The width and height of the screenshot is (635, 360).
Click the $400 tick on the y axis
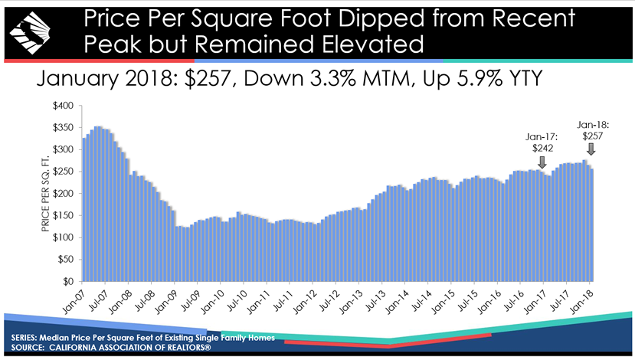click(64, 106)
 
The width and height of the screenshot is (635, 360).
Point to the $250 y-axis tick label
click(64, 172)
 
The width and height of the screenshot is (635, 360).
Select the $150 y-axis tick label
click(64, 216)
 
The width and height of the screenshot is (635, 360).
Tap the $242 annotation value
click(542, 147)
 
